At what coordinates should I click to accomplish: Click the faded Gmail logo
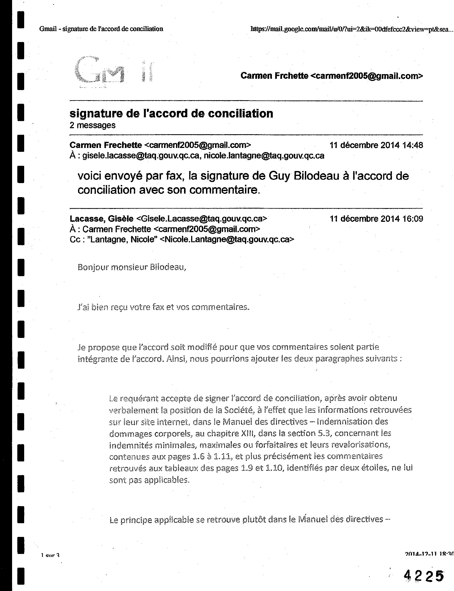(113, 71)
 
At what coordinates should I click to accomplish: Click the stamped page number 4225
(424, 574)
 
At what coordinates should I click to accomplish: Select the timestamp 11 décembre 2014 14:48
(376, 145)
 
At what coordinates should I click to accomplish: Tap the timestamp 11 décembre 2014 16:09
(376, 219)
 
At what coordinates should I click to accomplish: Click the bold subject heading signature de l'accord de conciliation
(171, 113)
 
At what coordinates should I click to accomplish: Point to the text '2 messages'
(93, 125)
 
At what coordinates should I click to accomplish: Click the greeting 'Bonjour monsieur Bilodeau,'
(132, 267)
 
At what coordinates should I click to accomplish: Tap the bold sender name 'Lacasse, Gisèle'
(101, 219)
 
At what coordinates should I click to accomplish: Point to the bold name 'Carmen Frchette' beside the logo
(274, 76)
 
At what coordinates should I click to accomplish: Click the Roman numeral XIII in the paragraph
(248, 433)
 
